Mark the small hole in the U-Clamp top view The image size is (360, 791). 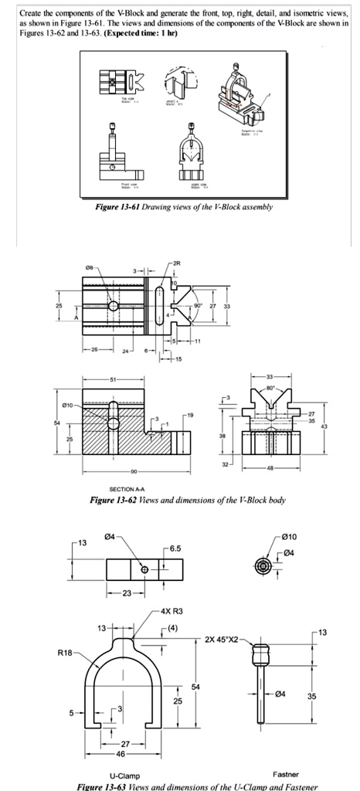[144, 569]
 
